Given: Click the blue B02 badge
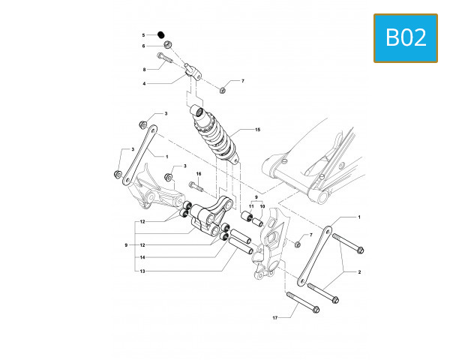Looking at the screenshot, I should coord(406,37).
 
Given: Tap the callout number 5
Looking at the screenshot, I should coord(144,35).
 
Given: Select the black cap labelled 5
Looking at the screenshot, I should coord(161,34).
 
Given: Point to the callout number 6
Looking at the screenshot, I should coord(144,46).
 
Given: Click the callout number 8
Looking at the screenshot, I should coord(144,69).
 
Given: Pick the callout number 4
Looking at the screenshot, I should coord(144,83).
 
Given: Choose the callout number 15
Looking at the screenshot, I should coord(257,130).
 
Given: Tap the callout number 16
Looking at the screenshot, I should coord(199,173).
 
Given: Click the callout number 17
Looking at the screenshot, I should coord(275,318).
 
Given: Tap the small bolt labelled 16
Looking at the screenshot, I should coord(197,184).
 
